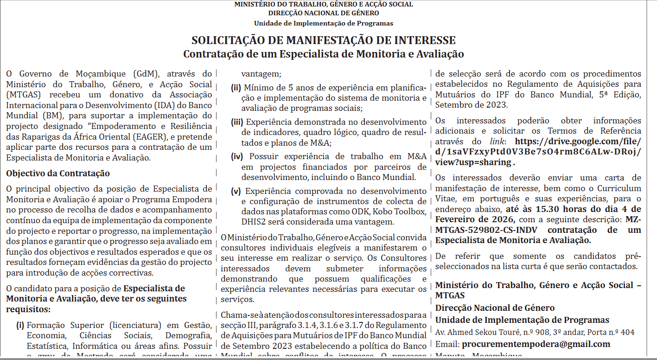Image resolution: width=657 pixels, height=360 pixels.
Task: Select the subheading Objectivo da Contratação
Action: [x=58, y=174]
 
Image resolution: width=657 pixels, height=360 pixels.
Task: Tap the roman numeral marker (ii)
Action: [x=236, y=88]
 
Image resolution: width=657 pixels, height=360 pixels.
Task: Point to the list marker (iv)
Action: [x=237, y=156]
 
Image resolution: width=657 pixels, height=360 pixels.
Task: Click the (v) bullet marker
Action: [x=236, y=191]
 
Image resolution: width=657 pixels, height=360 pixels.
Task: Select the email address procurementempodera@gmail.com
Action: [x=536, y=344]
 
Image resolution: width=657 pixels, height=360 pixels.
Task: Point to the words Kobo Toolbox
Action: [x=402, y=212]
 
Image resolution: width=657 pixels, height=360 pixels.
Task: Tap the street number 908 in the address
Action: [x=537, y=332]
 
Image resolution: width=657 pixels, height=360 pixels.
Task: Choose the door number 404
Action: [x=628, y=332]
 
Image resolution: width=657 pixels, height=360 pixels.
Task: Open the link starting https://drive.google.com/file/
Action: [x=578, y=141]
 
